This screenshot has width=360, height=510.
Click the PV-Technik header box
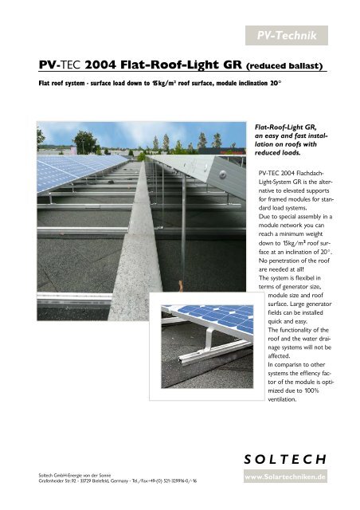pyautogui.click(x=299, y=34)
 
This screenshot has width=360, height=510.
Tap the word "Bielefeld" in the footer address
pyautogui.click(x=121, y=482)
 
